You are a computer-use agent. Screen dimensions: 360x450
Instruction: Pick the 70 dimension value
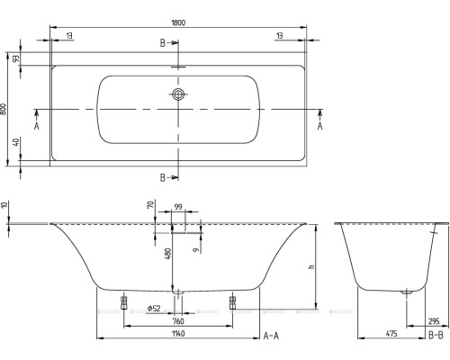click(148, 207)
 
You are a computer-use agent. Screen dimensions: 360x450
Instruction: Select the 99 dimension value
click(179, 208)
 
